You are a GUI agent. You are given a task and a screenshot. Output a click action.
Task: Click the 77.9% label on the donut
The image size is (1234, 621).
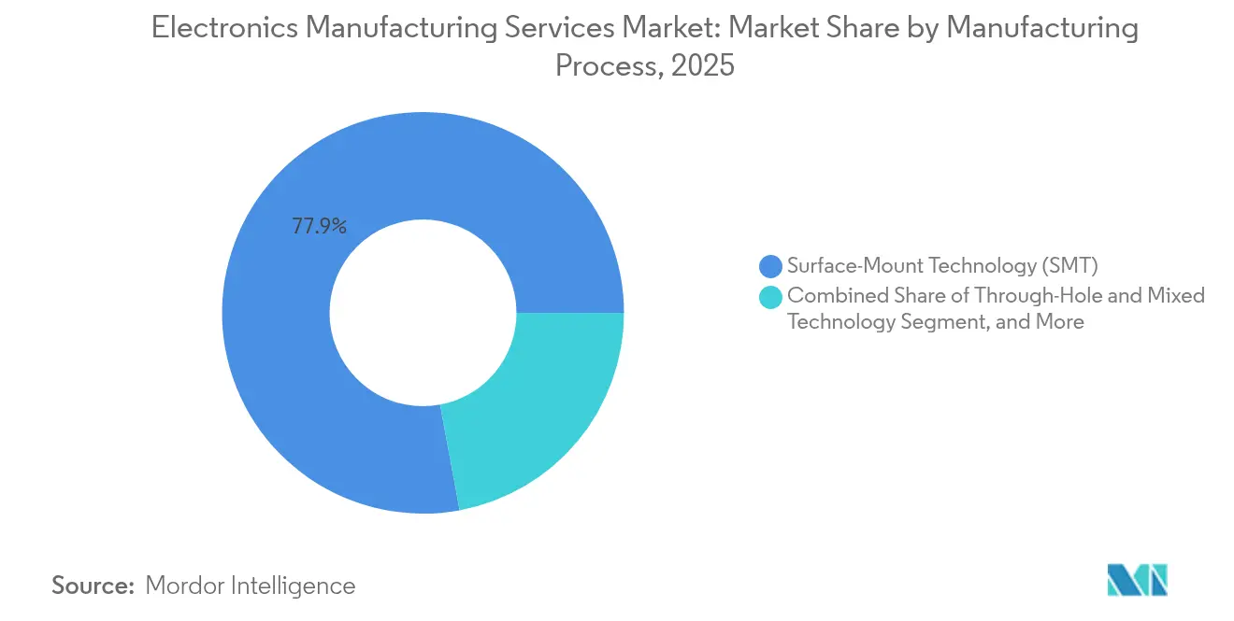[x=319, y=226]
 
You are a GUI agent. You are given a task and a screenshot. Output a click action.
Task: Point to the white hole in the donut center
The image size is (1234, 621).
[x=423, y=313]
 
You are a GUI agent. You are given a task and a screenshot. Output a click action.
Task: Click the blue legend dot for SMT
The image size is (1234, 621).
[x=770, y=266]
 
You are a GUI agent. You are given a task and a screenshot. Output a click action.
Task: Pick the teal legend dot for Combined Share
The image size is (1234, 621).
[x=770, y=297]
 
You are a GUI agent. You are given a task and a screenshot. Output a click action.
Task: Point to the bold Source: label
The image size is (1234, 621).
[x=93, y=586]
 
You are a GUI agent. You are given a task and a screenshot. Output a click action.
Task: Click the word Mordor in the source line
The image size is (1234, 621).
[x=187, y=586]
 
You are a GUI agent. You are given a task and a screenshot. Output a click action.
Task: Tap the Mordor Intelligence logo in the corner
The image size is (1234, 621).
[x=1137, y=580]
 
